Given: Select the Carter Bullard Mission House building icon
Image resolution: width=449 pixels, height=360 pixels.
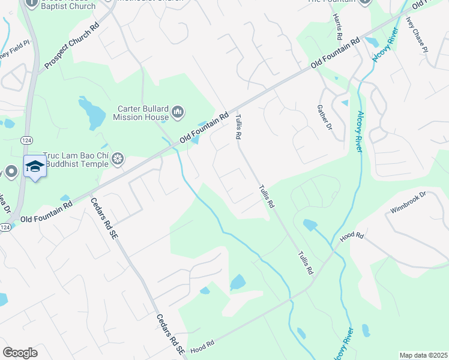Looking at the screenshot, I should pyautogui.click(x=178, y=112).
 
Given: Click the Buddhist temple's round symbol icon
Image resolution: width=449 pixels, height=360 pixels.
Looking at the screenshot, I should pyautogui.click(x=118, y=158).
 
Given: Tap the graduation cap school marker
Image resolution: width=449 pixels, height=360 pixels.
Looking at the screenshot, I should pyautogui.click(x=35, y=166).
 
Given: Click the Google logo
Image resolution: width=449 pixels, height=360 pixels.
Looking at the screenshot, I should pyautogui.click(x=20, y=352).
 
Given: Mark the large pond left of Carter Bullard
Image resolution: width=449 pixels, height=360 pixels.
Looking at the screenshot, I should pyautogui.click(x=92, y=112).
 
